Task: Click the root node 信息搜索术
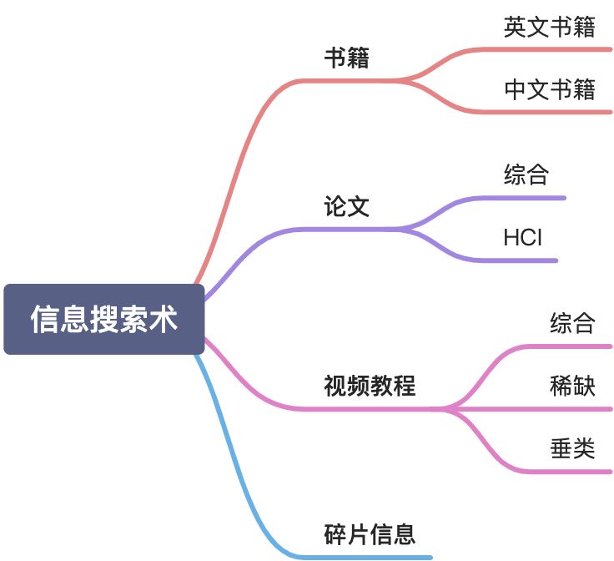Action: tap(103, 319)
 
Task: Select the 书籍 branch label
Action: tap(346, 58)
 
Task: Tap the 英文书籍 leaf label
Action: tap(549, 27)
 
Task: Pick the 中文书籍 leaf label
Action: tap(549, 88)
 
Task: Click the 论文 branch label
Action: tap(346, 206)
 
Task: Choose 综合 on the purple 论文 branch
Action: tap(526, 174)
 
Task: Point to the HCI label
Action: tap(522, 238)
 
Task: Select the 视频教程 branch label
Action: tap(370, 386)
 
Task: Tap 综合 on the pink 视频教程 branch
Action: tap(572, 323)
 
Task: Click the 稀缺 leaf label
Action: tap(572, 386)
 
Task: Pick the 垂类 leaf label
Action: tap(572, 448)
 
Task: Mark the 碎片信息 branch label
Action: tap(370, 533)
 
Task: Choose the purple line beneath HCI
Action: tap(526, 260)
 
